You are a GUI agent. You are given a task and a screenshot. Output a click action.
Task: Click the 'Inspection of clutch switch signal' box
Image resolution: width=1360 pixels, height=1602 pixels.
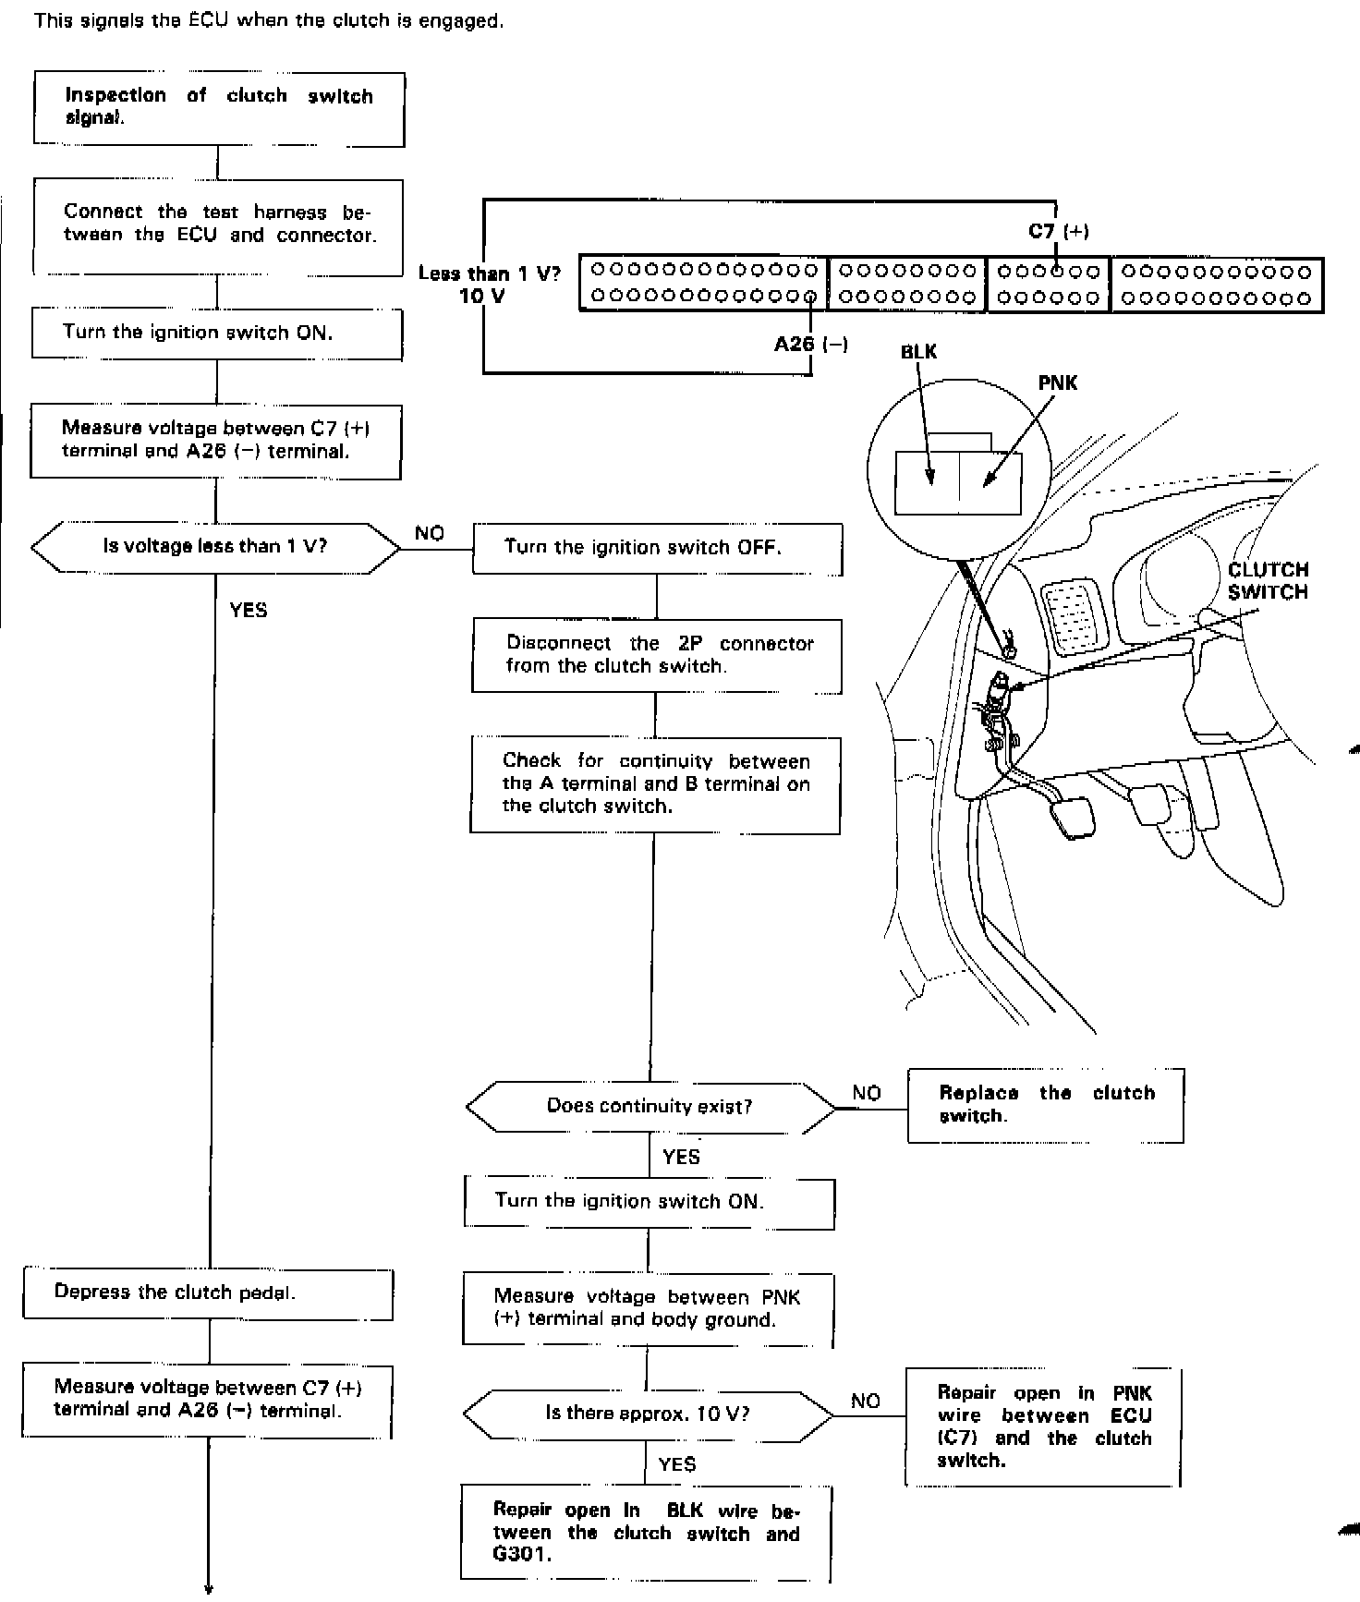[x=219, y=108]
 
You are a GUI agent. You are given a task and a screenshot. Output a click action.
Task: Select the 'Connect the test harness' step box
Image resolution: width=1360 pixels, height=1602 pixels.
[x=218, y=225]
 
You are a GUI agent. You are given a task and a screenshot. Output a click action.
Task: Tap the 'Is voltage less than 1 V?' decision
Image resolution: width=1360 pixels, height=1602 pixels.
[x=215, y=547]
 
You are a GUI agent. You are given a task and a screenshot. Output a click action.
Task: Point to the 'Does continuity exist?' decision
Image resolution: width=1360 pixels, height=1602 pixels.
[x=650, y=1106]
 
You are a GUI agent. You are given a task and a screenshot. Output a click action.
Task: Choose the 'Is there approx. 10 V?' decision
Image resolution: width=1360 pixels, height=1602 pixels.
[x=647, y=1413]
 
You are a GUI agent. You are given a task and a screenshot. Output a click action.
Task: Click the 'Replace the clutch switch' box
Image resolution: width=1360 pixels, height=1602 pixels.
[x=1046, y=1105]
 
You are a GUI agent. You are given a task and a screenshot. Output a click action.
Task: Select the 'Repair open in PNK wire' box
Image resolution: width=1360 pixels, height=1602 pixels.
[x=1043, y=1426]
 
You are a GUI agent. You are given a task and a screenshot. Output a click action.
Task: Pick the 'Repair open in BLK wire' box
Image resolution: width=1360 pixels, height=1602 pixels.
[x=646, y=1533]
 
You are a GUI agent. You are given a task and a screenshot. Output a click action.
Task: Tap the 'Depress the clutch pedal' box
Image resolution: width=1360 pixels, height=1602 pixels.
[x=209, y=1293]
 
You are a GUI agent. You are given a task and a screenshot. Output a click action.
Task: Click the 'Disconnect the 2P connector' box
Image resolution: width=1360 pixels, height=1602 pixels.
[x=657, y=655]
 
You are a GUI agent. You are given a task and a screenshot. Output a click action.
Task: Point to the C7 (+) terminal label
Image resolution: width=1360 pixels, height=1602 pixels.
[x=1059, y=231]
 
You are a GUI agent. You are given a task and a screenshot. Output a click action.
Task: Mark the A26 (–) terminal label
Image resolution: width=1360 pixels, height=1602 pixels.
[x=810, y=345]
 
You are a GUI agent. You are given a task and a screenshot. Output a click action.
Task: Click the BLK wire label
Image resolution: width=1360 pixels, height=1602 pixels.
[x=918, y=352]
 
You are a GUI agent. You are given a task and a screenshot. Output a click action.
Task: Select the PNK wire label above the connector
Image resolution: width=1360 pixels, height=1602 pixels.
[x=1058, y=382]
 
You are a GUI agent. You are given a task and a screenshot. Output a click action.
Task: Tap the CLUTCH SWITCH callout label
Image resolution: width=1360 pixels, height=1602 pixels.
[x=1268, y=581]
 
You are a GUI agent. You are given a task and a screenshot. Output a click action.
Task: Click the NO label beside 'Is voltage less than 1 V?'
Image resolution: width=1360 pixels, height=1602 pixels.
[x=430, y=533]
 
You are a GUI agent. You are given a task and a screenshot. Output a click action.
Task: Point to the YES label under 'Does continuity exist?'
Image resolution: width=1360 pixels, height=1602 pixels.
[x=682, y=1157]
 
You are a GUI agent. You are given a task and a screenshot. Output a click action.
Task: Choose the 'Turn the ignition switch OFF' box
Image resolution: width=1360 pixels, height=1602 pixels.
[x=657, y=548]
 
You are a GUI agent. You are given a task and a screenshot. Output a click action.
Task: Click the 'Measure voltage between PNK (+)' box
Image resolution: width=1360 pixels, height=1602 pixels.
[x=648, y=1308]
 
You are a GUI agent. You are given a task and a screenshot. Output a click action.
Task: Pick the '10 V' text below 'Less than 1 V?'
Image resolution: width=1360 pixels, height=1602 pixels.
[x=482, y=296]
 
